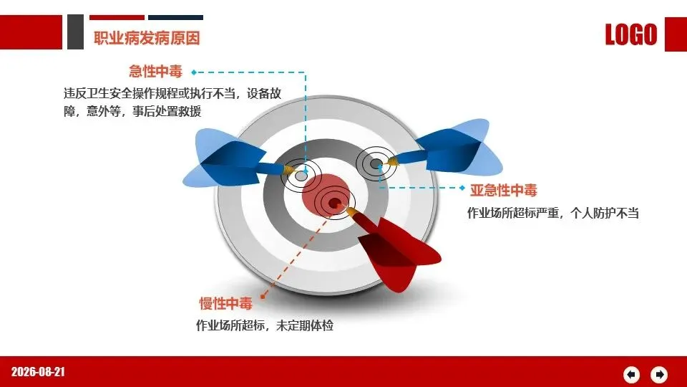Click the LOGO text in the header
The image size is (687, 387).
(x=631, y=34)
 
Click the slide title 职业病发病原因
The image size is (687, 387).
(x=147, y=38)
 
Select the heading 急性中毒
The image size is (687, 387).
(x=155, y=72)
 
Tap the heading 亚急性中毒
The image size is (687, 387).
(x=503, y=190)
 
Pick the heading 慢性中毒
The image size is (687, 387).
(x=226, y=303)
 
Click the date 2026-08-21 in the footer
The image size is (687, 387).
(x=38, y=372)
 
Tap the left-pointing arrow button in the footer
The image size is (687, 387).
(x=631, y=375)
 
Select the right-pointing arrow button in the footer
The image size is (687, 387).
(x=659, y=375)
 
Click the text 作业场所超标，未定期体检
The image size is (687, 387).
(x=265, y=325)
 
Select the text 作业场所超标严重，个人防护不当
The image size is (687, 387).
(x=553, y=214)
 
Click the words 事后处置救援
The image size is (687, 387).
(x=167, y=112)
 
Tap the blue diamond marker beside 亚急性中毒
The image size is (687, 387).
(x=462, y=188)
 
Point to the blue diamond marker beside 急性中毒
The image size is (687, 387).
(x=194, y=72)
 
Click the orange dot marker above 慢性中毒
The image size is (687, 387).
(x=263, y=297)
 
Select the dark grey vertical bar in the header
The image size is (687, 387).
(x=75, y=32)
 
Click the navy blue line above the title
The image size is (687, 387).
(x=176, y=17)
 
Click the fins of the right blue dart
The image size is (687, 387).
(x=460, y=147)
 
